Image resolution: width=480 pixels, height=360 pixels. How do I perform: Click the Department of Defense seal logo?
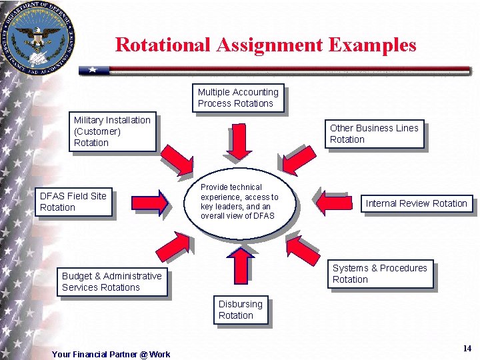[x=38, y=37]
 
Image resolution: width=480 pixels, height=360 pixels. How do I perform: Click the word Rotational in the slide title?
[x=162, y=45]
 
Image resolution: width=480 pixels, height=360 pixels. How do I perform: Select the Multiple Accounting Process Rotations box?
[x=239, y=98]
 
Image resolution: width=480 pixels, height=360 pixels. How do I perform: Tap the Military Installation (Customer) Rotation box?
[x=112, y=131]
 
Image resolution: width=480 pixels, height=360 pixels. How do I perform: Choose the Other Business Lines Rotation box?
[x=376, y=134]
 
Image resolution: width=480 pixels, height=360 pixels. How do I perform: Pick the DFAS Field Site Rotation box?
[x=73, y=202]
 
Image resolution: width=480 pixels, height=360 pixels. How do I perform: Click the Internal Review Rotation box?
[x=416, y=203]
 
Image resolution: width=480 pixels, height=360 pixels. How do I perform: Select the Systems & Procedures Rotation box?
[x=380, y=274]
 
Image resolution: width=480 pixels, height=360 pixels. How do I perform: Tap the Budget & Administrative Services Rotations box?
[x=111, y=281]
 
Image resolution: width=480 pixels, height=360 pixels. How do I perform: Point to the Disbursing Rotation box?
[x=241, y=310]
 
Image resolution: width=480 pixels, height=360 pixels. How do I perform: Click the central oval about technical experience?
[x=240, y=201]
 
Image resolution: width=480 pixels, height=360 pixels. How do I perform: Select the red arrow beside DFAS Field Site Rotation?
[x=150, y=203]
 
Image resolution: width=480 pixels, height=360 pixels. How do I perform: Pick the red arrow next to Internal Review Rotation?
[x=333, y=203]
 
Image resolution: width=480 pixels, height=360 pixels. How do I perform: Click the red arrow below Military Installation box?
[x=177, y=159]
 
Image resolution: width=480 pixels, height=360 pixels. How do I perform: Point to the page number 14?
[x=467, y=348]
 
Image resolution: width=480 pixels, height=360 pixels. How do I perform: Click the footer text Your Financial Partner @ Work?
[x=111, y=355]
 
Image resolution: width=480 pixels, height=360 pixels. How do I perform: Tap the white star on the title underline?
[x=93, y=69]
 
